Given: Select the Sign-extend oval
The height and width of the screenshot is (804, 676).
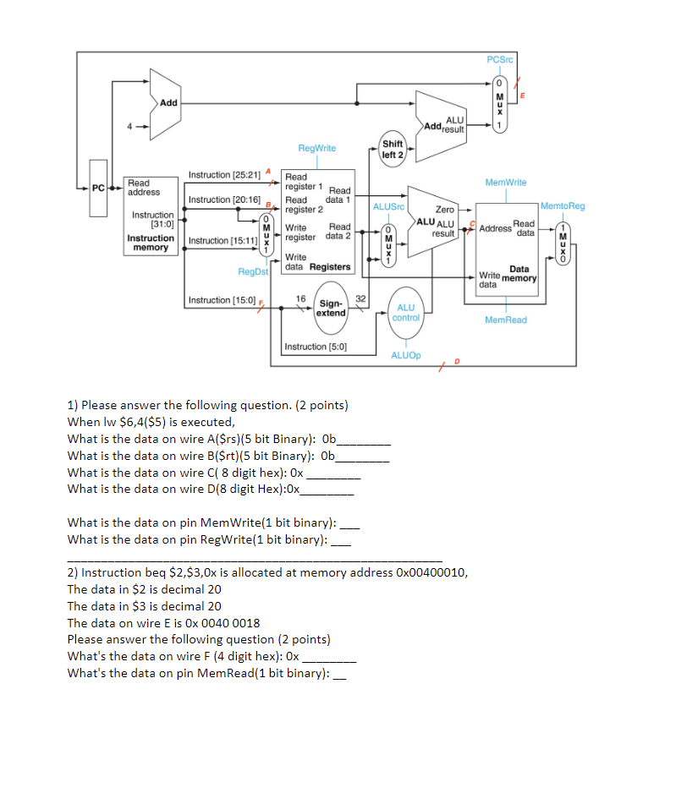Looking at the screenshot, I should (x=330, y=308).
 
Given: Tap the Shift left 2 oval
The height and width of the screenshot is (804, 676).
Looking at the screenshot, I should (x=393, y=149).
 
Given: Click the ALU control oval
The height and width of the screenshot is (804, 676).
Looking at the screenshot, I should (x=406, y=313).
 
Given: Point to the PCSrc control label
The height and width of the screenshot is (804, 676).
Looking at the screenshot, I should (x=499, y=59).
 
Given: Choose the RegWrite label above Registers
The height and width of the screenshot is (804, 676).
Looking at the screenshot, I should (x=316, y=148).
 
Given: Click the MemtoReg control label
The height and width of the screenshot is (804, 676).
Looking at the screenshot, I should (x=562, y=206).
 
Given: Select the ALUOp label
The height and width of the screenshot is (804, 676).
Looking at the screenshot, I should (x=406, y=356).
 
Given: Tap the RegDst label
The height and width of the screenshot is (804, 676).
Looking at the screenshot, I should (x=252, y=271).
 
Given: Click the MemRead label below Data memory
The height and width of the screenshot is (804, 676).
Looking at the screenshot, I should (x=505, y=320).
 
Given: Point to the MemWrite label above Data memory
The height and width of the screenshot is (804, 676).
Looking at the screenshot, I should (x=505, y=182).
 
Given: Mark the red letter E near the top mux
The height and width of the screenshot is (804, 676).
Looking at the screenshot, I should (x=522, y=96).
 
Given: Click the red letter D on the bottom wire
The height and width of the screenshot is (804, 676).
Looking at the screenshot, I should (x=458, y=362).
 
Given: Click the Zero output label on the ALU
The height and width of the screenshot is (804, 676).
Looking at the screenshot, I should (x=444, y=209).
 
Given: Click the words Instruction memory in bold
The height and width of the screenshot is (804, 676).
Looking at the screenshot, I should (x=151, y=243).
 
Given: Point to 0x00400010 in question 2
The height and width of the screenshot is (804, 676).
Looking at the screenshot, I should (x=430, y=572).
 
